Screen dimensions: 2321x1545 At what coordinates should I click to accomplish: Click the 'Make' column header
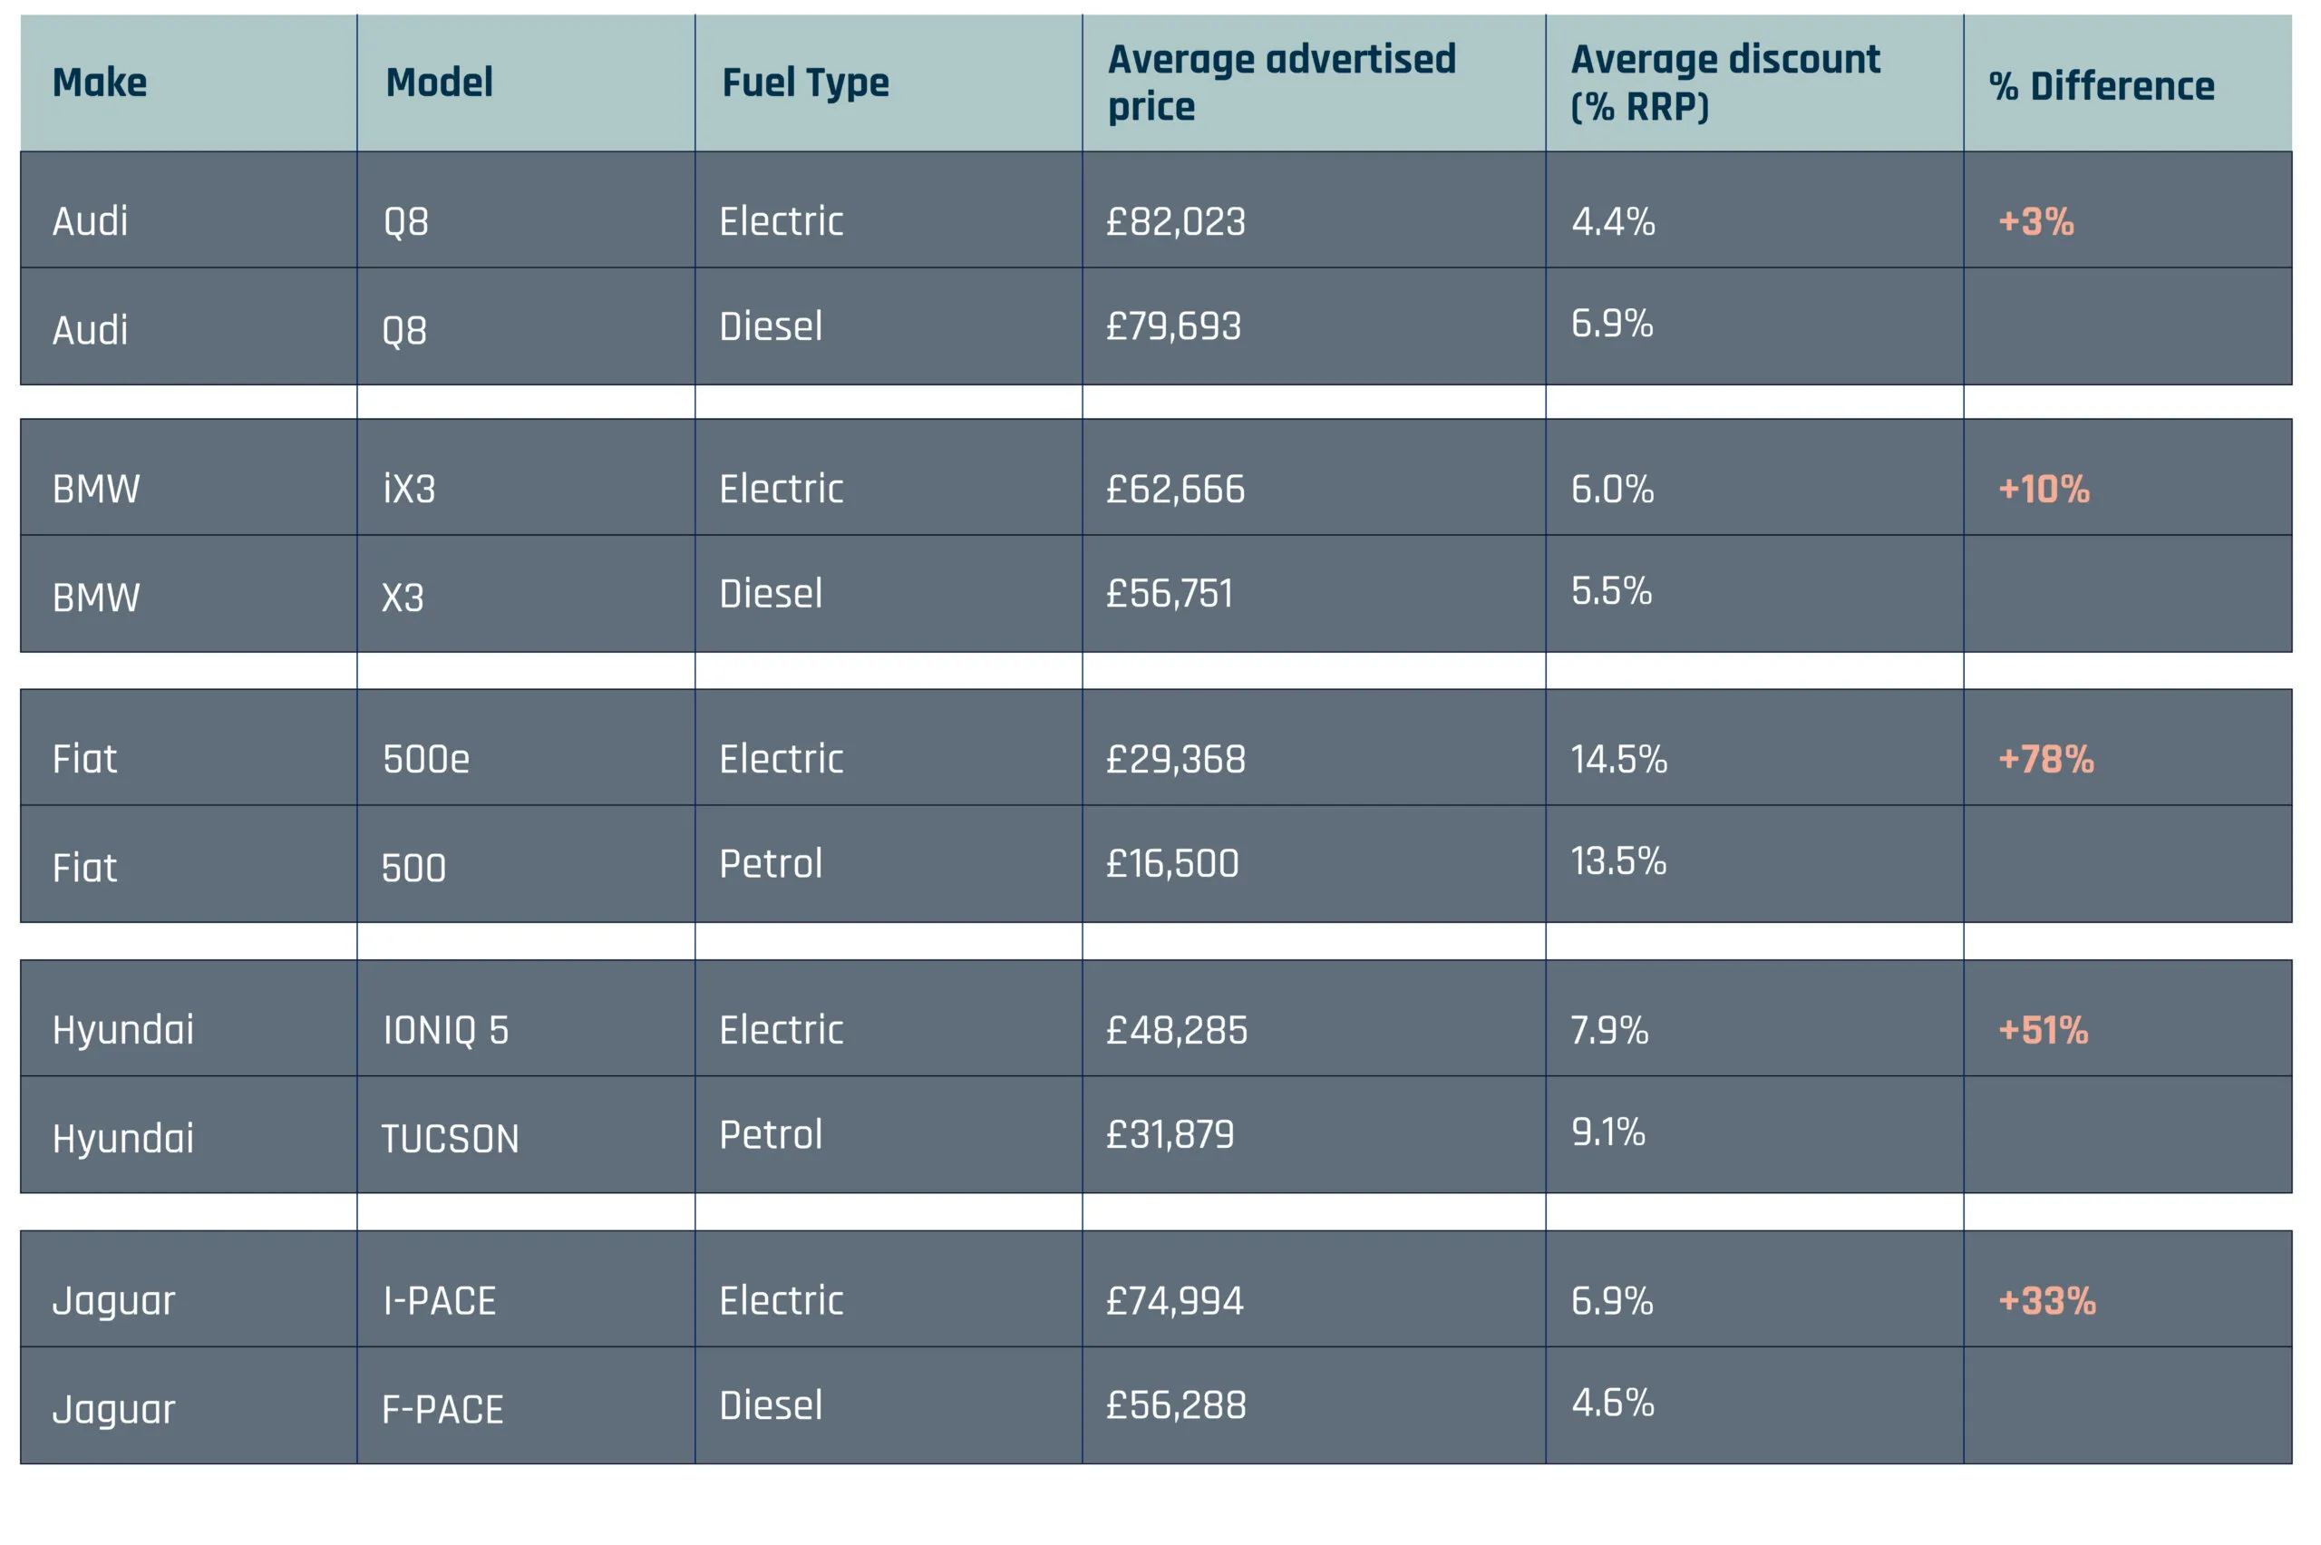pyautogui.click(x=100, y=82)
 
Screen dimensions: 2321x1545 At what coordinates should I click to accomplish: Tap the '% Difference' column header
pyautogui.click(x=2101, y=86)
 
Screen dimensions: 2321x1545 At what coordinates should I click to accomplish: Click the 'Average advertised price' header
pyautogui.click(x=1281, y=82)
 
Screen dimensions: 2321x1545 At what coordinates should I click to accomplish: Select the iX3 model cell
pyautogui.click(x=409, y=489)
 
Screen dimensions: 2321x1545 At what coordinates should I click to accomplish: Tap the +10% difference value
pyautogui.click(x=2044, y=489)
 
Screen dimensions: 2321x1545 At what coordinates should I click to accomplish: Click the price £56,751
pyautogui.click(x=1169, y=593)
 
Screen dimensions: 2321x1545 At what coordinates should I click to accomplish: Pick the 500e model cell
pyautogui.click(x=425, y=759)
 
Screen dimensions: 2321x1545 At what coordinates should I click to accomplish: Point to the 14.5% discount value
pyautogui.click(x=1618, y=759)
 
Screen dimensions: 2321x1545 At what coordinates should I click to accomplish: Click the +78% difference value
pyautogui.click(x=2045, y=759)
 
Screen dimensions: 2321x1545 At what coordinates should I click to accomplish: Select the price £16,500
pyautogui.click(x=1171, y=863)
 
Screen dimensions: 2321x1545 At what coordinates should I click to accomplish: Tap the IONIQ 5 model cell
pyautogui.click(x=445, y=1030)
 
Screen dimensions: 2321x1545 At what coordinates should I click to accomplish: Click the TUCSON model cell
pyautogui.click(x=449, y=1139)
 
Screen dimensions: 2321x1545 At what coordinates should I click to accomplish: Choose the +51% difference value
pyautogui.click(x=2042, y=1030)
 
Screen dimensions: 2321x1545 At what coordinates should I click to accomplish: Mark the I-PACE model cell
pyautogui.click(x=440, y=1300)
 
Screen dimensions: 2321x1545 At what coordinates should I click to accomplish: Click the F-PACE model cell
pyautogui.click(x=442, y=1409)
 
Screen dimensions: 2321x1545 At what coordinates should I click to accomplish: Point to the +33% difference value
pyautogui.click(x=2046, y=1300)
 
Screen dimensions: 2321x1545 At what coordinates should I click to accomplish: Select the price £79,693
pyautogui.click(x=1172, y=326)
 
